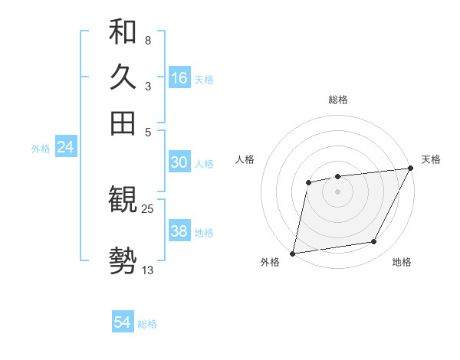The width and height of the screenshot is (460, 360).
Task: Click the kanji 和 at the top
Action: coord(123,32)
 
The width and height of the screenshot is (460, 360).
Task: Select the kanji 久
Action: coord(123,77)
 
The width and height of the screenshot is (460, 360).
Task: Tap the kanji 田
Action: coord(123,123)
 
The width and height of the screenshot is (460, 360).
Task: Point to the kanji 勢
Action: coord(123,260)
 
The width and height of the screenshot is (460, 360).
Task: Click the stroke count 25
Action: coord(148,208)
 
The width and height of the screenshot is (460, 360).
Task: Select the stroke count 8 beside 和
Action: coord(147,40)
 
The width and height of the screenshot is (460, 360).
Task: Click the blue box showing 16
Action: coord(179,78)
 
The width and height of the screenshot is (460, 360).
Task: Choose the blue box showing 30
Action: coord(179,162)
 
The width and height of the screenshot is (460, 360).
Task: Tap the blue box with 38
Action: coord(179,232)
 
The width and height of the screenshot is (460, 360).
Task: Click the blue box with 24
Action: coord(65,147)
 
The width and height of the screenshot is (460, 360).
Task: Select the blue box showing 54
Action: coord(123,323)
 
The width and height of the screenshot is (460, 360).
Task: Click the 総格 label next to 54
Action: coord(147,324)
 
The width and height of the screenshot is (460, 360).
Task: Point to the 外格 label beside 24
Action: coord(41,149)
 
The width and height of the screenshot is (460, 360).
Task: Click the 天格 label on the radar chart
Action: coord(431,159)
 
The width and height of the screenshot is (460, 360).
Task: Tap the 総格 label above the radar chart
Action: coord(337,100)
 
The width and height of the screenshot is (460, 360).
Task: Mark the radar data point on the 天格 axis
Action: coord(412,169)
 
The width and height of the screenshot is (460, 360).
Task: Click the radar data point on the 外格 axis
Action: coord(293,253)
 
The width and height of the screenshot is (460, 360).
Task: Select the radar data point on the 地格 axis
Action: coord(374,242)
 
